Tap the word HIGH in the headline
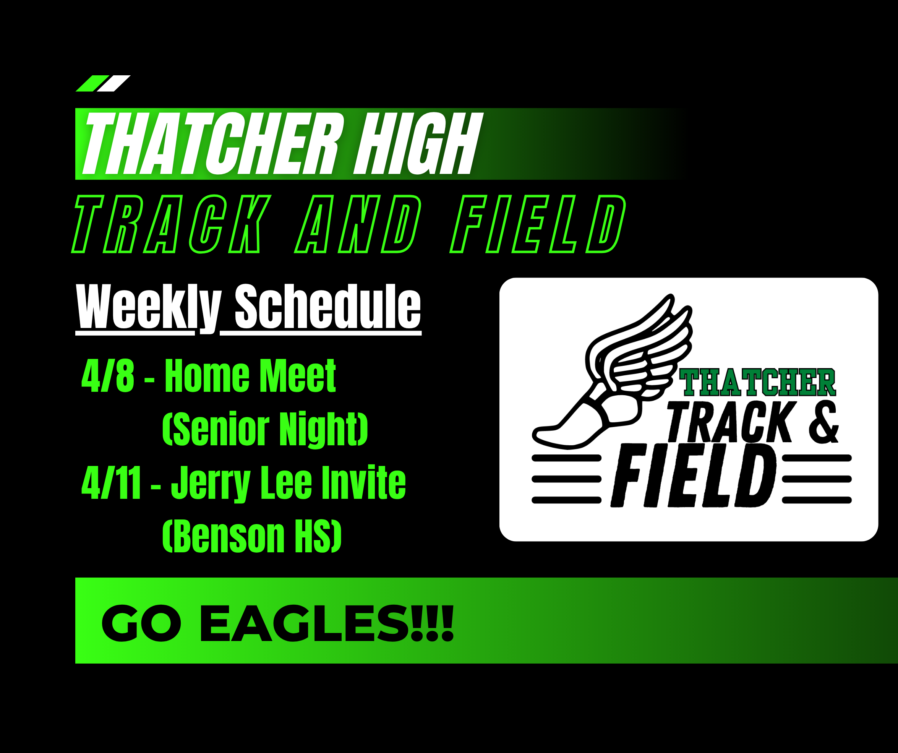click(418, 143)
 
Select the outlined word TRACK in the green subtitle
click(171, 224)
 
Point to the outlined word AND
click(358, 224)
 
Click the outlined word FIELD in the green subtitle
click(538, 224)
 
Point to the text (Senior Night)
click(265, 429)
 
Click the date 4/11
click(111, 483)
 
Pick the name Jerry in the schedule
click(211, 484)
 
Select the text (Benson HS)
click(252, 536)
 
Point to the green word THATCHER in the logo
click(757, 382)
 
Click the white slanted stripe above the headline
click(113, 83)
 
